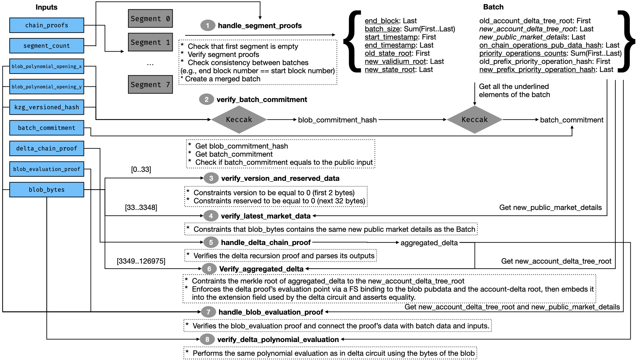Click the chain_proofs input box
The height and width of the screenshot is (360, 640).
click(47, 25)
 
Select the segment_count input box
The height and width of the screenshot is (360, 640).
click(47, 46)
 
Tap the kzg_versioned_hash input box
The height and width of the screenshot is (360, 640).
click(47, 107)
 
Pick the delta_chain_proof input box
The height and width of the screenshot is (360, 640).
click(47, 148)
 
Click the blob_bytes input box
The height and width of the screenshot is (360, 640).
click(47, 190)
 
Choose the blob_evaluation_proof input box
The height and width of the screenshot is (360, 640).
click(47, 169)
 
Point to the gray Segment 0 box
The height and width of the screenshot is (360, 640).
click(150, 19)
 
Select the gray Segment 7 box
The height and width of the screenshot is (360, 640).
click(150, 85)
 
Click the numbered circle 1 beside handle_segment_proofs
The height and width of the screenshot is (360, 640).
click(208, 26)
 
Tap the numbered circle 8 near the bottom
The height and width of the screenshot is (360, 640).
click(207, 339)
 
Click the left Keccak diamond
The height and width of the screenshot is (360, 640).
click(239, 120)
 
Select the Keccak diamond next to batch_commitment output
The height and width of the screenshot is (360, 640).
click(475, 120)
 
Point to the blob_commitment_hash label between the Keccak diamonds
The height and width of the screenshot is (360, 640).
click(337, 120)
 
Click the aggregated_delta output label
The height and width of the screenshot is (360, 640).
click(429, 243)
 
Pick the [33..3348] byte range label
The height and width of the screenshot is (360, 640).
click(141, 208)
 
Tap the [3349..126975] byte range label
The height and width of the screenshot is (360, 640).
click(141, 261)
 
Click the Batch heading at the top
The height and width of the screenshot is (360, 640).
click(493, 7)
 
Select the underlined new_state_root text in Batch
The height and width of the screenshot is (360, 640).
click(390, 70)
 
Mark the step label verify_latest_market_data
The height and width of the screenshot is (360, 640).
click(266, 216)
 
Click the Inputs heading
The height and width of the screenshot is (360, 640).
click(46, 7)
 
